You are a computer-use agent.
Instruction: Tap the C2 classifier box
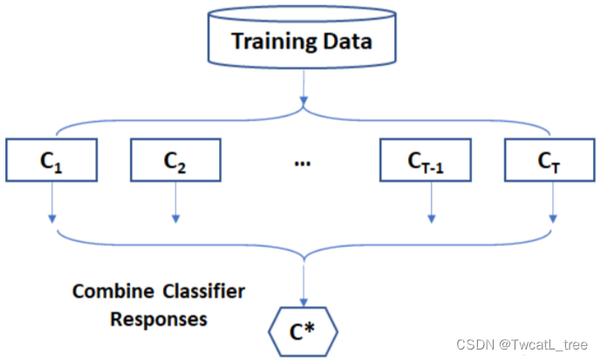[175, 160]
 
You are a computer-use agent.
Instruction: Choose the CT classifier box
[550, 160]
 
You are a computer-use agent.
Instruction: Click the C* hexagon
[303, 330]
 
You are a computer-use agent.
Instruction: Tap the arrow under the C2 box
[175, 202]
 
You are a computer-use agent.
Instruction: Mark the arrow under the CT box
[553, 202]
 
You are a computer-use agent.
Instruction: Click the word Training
[267, 40]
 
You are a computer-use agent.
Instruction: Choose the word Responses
[158, 318]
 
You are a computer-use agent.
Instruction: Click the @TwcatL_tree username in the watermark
[545, 346]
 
